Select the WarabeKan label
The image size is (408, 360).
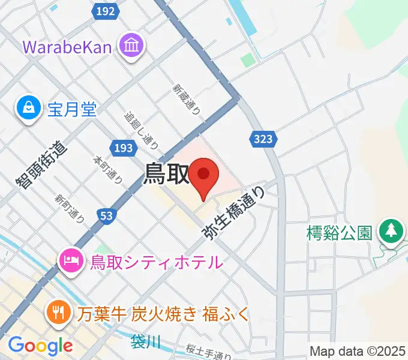67,46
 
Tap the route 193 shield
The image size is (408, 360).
122,147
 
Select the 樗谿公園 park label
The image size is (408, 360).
338,232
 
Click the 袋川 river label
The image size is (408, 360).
146,342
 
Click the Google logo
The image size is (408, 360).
40,346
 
